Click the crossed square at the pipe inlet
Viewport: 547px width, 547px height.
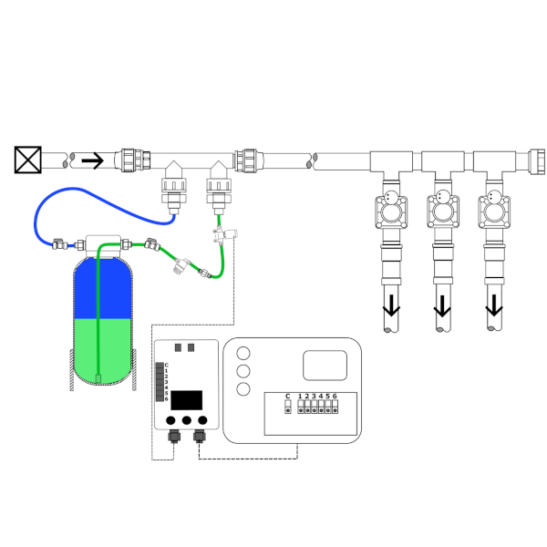[28, 160]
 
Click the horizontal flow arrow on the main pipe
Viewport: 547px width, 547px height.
[92, 160]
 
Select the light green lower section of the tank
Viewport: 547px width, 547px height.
[103, 350]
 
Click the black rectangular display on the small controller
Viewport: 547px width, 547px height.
[187, 400]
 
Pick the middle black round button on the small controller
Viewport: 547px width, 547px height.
[187, 420]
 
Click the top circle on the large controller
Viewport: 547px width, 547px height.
[243, 353]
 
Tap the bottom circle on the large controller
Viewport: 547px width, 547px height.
[243, 389]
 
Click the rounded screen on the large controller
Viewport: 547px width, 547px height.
[325, 366]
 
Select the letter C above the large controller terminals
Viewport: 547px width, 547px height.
[288, 397]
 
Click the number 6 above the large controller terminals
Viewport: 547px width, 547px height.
[335, 397]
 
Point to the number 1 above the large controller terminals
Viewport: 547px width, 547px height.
[300, 397]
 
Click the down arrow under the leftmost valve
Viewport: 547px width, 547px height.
[391, 305]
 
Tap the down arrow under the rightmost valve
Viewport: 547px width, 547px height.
[494, 305]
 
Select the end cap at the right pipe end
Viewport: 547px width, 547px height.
[537, 161]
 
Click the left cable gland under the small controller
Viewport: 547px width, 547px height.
[174, 436]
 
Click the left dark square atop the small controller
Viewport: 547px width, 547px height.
[178, 347]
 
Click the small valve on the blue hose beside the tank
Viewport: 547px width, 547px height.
[59, 244]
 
